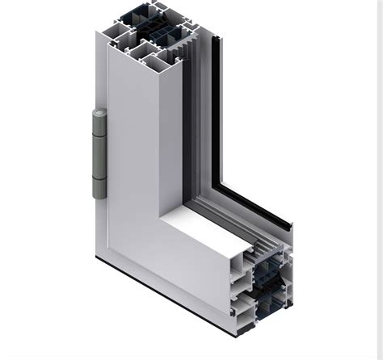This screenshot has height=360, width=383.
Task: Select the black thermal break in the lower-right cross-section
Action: coord(271,283)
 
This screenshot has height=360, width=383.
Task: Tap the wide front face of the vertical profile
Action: coord(133,161)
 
